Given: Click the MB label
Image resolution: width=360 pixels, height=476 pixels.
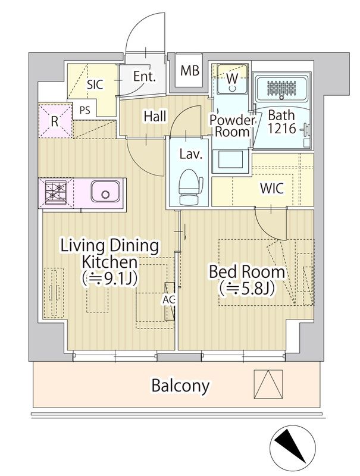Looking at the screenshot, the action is pos(190,70).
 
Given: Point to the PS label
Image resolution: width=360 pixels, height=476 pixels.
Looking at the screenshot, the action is pos(85,110).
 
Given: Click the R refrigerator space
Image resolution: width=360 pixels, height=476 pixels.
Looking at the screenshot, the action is pos(55,121).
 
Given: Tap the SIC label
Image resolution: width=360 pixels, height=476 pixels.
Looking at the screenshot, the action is pos(95,84).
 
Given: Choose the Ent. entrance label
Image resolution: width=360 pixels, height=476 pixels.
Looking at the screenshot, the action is pos(145,77).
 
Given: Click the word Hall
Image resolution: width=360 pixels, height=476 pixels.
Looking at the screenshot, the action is pos(155,116).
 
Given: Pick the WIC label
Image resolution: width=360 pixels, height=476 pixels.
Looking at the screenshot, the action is pos(272,189).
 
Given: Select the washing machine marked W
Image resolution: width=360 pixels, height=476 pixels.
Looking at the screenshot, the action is pos(233,79).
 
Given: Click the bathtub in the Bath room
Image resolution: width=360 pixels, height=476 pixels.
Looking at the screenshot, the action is pos(281,88).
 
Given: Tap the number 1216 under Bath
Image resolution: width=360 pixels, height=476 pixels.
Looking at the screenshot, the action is pos(281,129).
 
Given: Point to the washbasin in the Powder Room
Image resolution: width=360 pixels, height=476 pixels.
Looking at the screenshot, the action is pos(231,159).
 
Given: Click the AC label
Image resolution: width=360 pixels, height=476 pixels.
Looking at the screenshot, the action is pos(169,300).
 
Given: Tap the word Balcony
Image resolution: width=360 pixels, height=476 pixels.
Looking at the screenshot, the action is pos(180,386).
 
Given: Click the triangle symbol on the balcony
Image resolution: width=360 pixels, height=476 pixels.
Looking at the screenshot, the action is pos(268,384).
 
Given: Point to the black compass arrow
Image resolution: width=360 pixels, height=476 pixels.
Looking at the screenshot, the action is pos(290,446).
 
